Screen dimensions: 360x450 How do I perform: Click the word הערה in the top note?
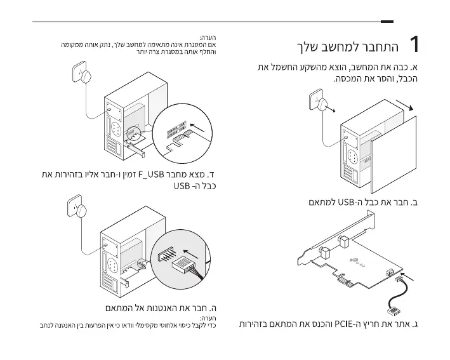pos(208,39)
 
